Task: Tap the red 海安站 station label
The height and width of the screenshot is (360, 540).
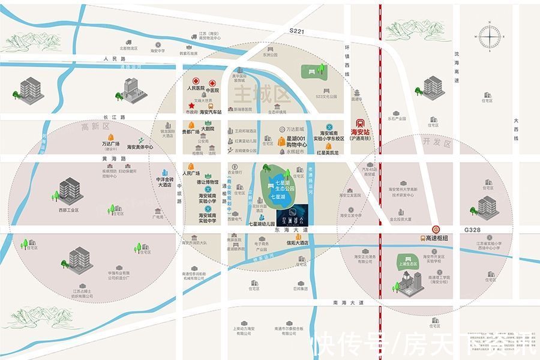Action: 360,131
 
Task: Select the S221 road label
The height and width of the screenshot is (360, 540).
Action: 297,30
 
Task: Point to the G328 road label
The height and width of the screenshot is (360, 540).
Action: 473,230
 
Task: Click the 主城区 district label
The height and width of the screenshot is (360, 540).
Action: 254,94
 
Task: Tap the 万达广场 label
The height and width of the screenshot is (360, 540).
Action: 110,144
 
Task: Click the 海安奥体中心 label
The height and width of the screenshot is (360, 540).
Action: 140,147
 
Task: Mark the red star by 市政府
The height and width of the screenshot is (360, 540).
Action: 191,106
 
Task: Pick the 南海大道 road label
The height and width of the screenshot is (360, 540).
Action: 349,303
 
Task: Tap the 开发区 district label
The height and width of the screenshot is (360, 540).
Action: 431,142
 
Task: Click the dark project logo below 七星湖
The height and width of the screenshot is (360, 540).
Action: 292,214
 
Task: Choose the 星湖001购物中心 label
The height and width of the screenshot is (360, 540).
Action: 293,142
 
